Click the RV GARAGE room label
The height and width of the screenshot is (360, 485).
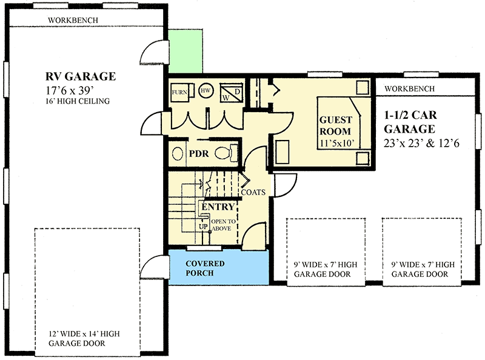[x=80, y=77]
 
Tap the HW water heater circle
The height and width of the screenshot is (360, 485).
[x=206, y=89]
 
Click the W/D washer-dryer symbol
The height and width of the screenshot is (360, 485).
[x=230, y=92]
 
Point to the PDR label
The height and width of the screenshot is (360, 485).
[x=198, y=154]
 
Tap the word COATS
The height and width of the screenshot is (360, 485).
[x=253, y=193]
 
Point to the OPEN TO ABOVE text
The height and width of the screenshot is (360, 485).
[x=224, y=225]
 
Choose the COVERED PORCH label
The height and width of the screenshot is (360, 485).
[x=205, y=268]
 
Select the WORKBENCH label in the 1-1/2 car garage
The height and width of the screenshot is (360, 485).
[x=409, y=88]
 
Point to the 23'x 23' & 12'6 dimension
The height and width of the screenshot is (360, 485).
[x=426, y=144]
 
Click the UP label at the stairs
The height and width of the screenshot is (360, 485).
[x=203, y=227]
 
